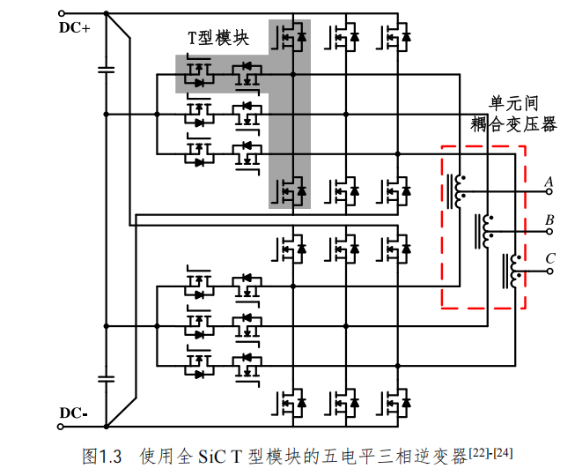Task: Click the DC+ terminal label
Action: click(x=75, y=28)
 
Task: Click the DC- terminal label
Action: click(x=74, y=413)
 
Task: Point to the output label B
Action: click(x=549, y=219)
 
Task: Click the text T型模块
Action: click(x=219, y=39)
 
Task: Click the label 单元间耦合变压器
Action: click(x=514, y=113)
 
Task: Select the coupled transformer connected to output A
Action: click(x=458, y=190)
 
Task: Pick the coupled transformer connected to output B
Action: click(x=485, y=231)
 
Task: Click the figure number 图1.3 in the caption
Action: click(x=100, y=456)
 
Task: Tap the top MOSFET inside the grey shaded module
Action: click(x=292, y=37)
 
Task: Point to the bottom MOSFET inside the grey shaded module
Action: click(x=292, y=189)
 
